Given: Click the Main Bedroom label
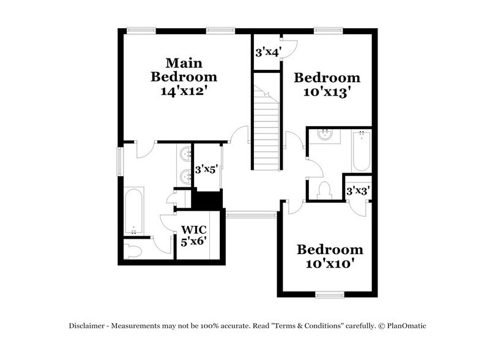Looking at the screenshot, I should [x=184, y=70].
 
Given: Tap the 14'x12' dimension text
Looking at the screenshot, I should [x=184, y=91].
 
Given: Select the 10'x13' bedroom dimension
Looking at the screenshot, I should [x=327, y=92].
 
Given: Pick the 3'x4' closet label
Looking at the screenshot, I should [x=267, y=53].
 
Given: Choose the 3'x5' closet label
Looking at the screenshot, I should [x=207, y=170].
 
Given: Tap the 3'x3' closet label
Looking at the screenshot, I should [x=358, y=191].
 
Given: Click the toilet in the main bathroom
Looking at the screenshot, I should [x=133, y=250].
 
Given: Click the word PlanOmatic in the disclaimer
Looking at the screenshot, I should [x=405, y=326].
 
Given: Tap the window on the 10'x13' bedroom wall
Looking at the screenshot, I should [x=328, y=29].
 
